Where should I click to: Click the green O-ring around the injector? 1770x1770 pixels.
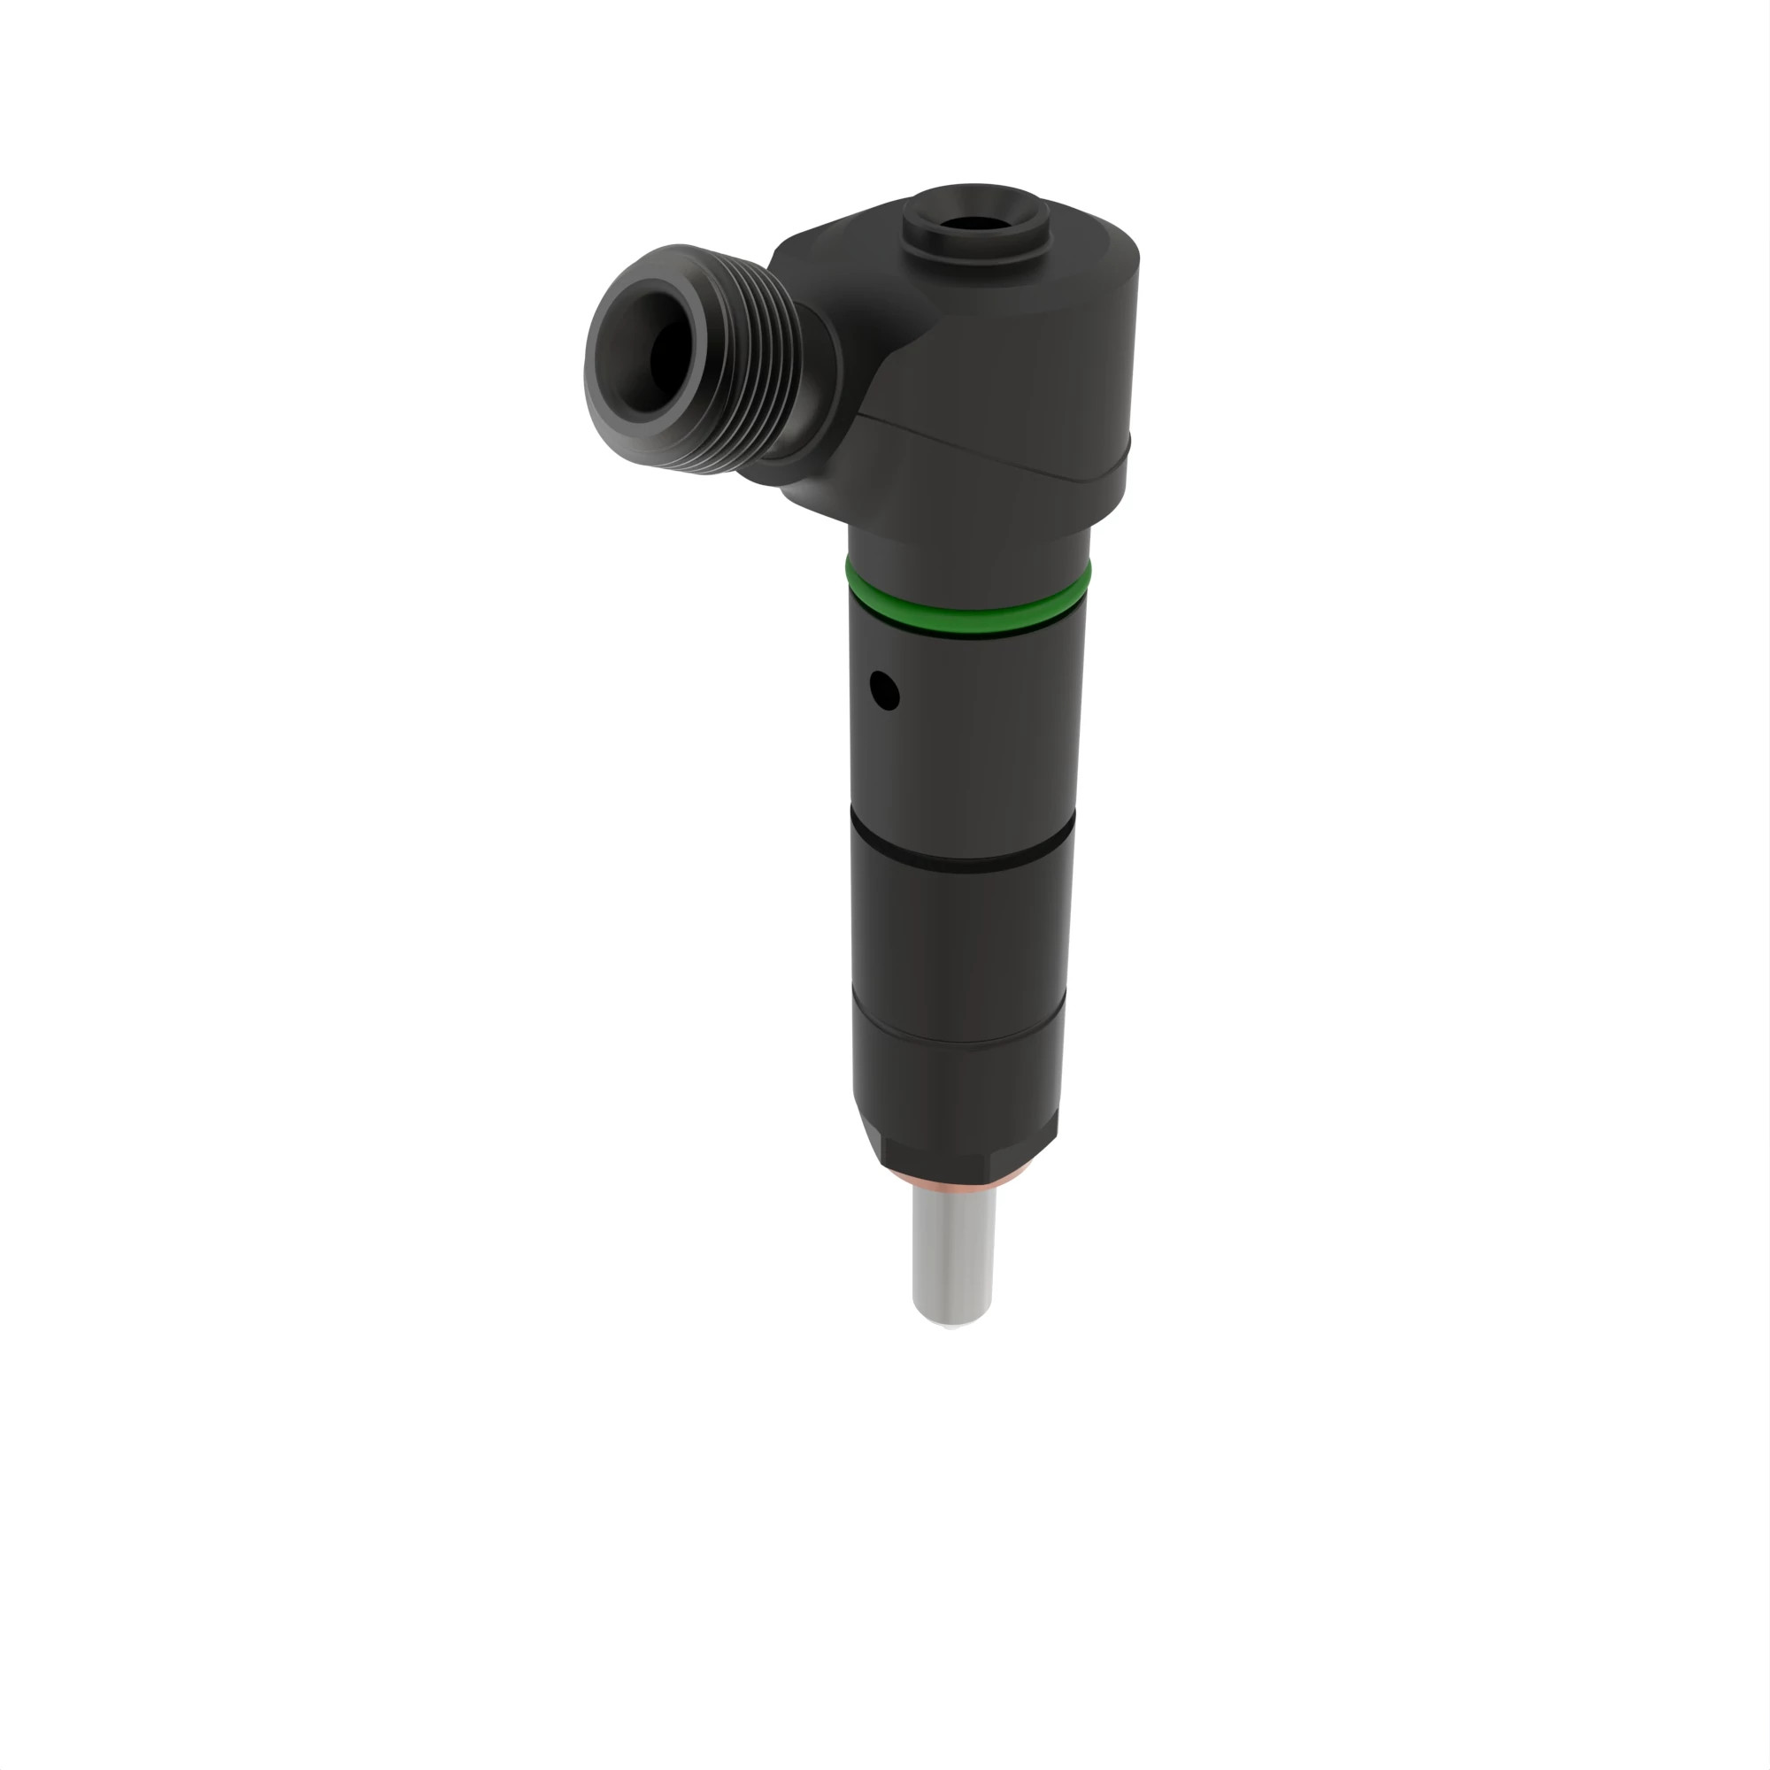[x=968, y=610]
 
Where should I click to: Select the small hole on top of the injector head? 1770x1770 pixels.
[x=973, y=224]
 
